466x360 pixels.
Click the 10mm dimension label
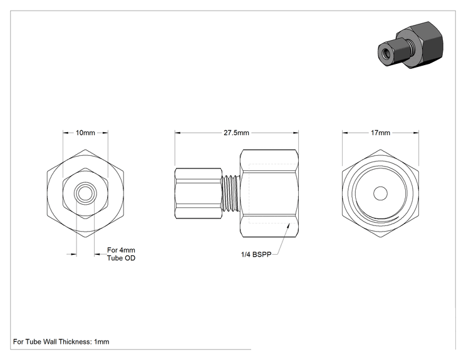85,133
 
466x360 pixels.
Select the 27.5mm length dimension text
236,133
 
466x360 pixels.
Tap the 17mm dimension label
380,133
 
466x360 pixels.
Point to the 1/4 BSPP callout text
256,255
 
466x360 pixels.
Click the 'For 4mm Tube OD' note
122,254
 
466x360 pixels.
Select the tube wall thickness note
61,342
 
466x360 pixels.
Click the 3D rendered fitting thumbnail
410,45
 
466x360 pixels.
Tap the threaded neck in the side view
231,193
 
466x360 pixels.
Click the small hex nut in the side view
198,193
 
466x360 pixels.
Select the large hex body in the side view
269,193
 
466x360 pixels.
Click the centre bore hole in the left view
85,193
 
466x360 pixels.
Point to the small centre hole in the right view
380,193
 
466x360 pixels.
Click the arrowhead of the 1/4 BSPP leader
287,226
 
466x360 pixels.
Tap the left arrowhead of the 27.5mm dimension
177,133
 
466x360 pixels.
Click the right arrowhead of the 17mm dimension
416,133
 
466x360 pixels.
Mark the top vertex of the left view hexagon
85,150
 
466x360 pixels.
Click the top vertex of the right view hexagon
380,150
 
